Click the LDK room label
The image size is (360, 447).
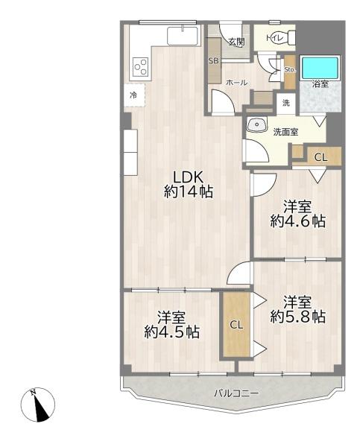(x=189, y=177)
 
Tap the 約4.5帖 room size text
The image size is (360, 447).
(x=171, y=332)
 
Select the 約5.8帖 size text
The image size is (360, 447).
(x=298, y=317)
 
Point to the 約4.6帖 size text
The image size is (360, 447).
(x=298, y=221)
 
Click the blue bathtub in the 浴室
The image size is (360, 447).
(x=320, y=68)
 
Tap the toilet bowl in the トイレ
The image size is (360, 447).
(x=284, y=37)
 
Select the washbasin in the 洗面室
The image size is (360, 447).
(x=257, y=124)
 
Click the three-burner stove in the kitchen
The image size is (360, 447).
(x=141, y=67)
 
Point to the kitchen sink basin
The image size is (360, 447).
(x=183, y=36)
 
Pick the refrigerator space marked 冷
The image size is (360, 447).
(x=134, y=95)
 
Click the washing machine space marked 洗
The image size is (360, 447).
(x=286, y=103)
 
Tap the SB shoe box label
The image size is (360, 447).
(x=213, y=61)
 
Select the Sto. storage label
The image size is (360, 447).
(x=290, y=69)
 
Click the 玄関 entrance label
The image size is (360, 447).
(x=237, y=42)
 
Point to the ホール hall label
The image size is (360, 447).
(x=236, y=83)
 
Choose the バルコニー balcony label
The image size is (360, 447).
(x=237, y=393)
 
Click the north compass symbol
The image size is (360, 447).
(x=38, y=405)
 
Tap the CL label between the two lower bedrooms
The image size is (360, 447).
(x=237, y=325)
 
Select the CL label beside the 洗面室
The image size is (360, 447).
(x=320, y=157)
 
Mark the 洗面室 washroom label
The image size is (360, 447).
(x=285, y=132)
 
